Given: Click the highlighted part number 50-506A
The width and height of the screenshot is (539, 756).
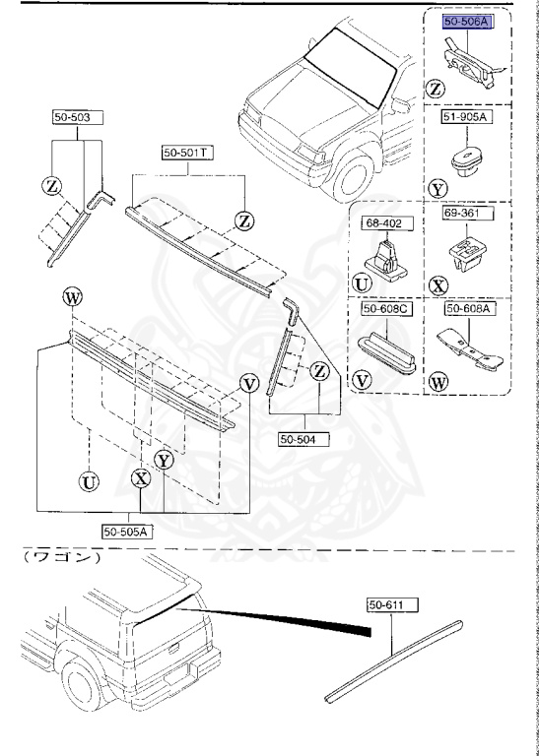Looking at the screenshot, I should (466, 21).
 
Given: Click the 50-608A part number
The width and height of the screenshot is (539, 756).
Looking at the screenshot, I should (466, 309).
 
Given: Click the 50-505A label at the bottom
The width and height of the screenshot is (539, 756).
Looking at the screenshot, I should (126, 531).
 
